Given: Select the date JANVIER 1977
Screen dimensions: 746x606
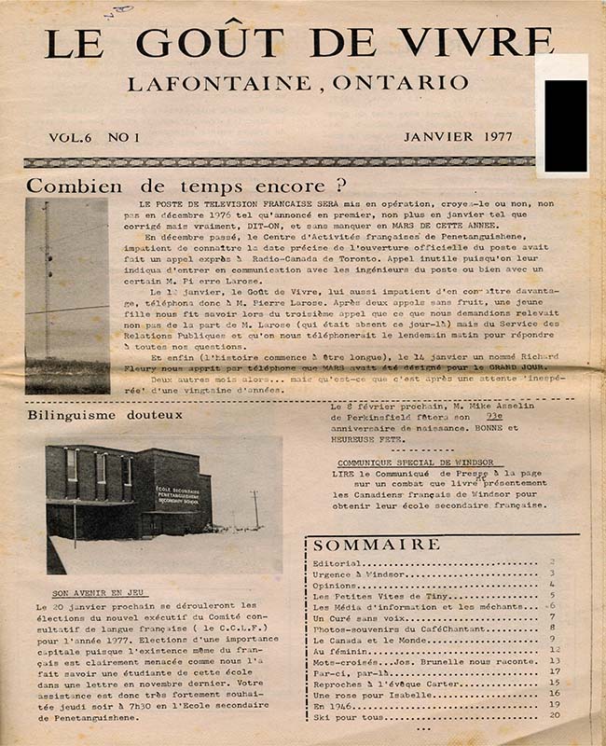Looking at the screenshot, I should (x=458, y=136).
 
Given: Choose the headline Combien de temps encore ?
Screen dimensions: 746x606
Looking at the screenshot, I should (x=187, y=185).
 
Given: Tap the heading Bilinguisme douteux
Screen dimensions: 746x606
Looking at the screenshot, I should (x=104, y=415).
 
